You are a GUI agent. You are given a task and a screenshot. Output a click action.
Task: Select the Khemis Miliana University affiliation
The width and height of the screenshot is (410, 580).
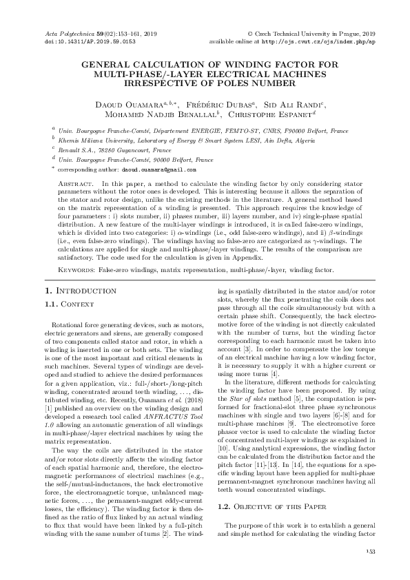(x=172, y=139)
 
